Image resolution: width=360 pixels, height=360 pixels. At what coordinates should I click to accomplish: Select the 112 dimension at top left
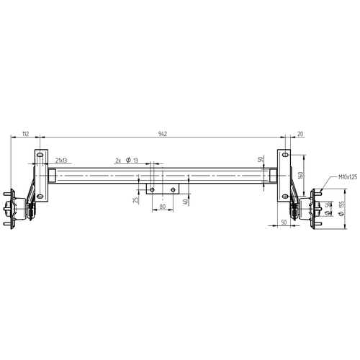coord(24,134)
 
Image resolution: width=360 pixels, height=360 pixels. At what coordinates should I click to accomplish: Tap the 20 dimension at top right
coord(300,134)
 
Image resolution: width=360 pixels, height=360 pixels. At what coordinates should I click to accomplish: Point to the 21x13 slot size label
coord(61,160)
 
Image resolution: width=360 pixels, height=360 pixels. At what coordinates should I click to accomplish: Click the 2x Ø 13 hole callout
coord(126,160)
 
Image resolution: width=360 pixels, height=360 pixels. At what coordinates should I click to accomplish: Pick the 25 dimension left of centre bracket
coord(135,199)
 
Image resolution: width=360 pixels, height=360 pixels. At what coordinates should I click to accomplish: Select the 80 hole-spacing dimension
coord(162,207)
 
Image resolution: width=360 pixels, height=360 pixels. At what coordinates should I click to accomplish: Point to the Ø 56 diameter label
coord(328,208)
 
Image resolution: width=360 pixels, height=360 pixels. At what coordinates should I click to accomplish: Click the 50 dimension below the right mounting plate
coord(284,224)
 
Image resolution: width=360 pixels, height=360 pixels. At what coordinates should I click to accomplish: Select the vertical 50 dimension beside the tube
coord(260,159)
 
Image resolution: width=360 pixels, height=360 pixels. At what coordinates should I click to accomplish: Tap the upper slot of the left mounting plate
coord(40,155)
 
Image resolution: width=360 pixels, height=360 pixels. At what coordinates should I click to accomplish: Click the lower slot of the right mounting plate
coord(285,196)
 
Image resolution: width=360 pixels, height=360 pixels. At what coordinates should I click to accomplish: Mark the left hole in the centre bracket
coord(152,189)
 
